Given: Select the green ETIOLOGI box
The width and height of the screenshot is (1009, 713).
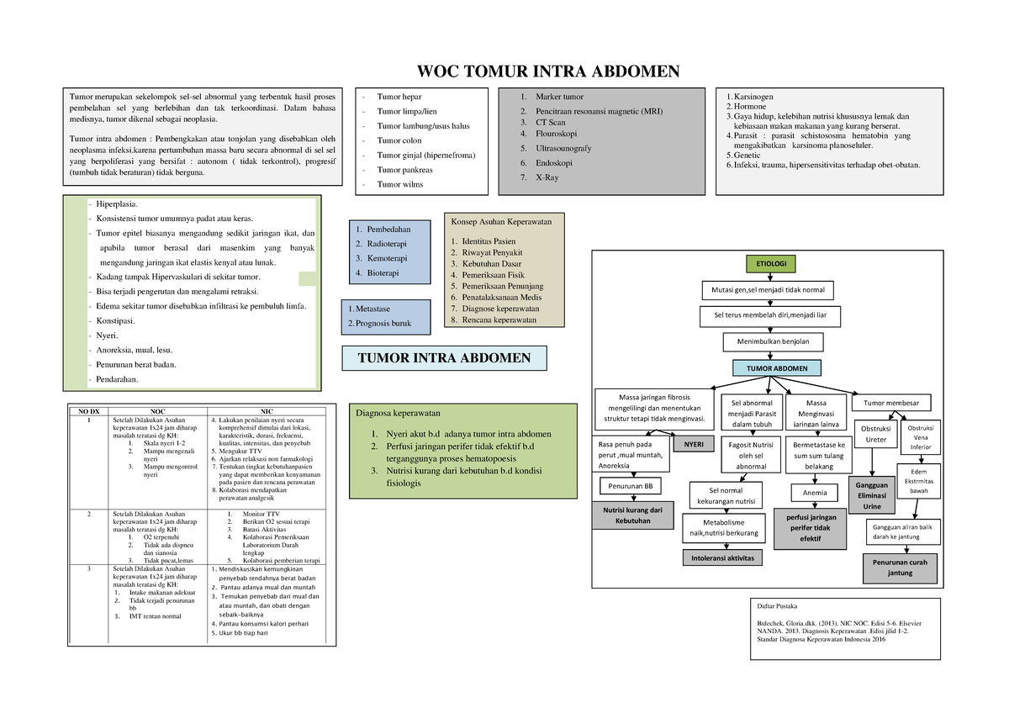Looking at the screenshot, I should [770, 264].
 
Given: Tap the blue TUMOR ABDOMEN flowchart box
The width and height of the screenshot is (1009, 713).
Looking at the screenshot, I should [777, 368].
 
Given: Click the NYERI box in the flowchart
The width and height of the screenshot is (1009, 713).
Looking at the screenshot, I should [695, 444].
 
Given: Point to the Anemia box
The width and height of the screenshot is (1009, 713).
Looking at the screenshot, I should [815, 493].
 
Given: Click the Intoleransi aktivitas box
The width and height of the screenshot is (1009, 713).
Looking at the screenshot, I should [723, 557].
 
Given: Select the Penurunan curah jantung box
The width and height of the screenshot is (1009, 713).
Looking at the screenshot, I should [900, 568].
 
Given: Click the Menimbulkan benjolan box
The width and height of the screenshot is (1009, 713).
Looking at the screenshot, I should [773, 342].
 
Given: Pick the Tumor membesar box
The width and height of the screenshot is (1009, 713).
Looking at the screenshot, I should [891, 401].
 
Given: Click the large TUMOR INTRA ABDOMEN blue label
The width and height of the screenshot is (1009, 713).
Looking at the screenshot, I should [444, 358].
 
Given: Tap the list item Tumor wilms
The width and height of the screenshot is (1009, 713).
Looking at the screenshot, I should [399, 184].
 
